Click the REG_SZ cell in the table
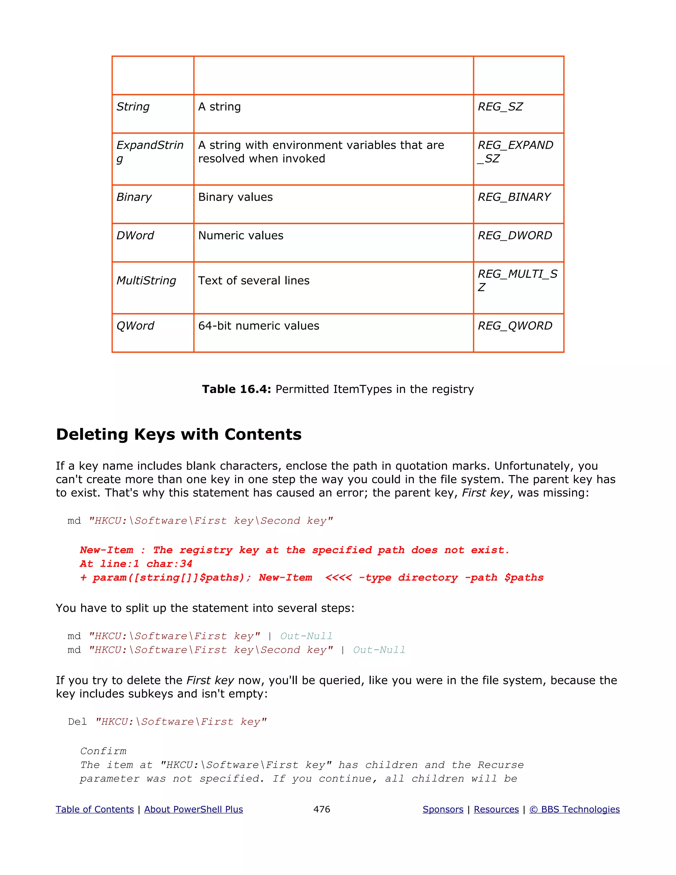500,107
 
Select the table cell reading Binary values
235,197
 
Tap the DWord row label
135,235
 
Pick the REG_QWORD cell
515,326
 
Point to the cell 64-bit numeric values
259,326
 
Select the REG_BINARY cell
514,197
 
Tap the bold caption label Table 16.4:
237,389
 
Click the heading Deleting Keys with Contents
179,434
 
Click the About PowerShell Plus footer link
193,809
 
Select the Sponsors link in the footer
443,809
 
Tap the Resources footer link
496,809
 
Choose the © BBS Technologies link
574,809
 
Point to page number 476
321,809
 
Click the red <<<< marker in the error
338,578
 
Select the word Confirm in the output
103,751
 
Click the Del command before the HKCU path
77,722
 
